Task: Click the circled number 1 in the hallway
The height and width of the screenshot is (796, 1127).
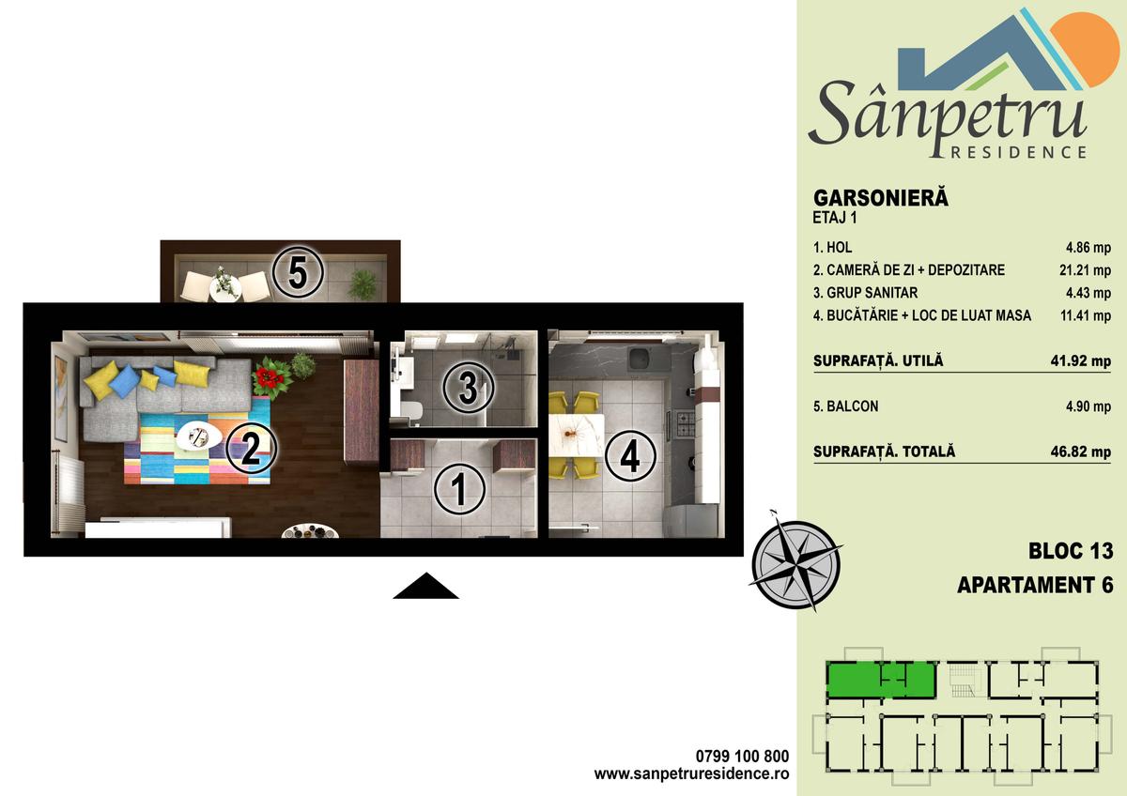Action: point(459,489)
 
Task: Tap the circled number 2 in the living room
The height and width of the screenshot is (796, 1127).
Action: point(251,449)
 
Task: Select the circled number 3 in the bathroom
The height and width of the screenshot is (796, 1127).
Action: point(469,388)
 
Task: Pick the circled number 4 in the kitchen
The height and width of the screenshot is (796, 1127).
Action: point(630,456)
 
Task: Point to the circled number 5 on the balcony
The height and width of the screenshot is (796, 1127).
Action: point(298,272)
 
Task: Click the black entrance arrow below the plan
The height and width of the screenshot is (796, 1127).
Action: point(425,586)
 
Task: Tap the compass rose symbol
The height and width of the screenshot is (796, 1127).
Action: point(795,565)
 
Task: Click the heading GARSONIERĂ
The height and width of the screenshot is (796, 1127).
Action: point(881,198)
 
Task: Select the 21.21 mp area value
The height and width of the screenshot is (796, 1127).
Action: point(1085,270)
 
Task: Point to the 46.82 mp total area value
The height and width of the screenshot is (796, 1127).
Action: point(1080,452)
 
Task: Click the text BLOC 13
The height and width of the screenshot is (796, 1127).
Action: point(1070,551)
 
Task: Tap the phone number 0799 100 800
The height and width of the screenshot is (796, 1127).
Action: point(742,756)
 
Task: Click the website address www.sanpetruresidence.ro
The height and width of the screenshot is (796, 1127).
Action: point(691,773)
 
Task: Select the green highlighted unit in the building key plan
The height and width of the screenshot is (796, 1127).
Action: point(881,680)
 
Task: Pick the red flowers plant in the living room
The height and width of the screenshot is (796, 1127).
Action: point(271,377)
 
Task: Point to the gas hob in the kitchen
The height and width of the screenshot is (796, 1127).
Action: point(685,424)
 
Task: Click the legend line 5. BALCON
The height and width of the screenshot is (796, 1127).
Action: point(846,406)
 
